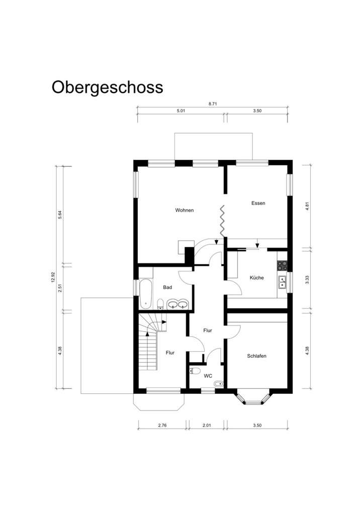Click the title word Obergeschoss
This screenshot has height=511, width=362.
107,87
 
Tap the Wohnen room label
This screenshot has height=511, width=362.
184,210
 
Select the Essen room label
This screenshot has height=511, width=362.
258,203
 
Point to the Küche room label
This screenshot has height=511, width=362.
257,277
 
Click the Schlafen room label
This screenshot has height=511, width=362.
256,356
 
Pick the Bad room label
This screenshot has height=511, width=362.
167,287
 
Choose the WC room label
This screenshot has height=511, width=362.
208,375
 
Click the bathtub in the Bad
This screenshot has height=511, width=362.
145,293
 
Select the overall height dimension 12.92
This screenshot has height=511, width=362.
52,277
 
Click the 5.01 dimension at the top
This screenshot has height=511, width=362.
181,111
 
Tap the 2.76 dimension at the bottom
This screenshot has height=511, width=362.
162,426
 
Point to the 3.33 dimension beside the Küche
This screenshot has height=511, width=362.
307,279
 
